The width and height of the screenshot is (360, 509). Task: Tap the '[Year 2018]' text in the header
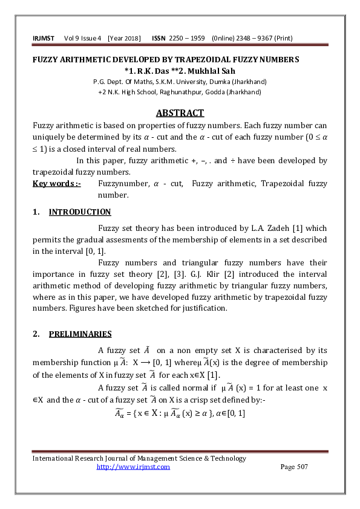click(124, 39)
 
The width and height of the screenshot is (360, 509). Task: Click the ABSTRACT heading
click(180, 113)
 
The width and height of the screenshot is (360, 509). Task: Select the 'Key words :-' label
click(56, 184)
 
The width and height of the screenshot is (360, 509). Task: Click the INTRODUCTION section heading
click(80, 212)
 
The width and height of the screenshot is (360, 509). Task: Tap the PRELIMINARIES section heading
click(80, 334)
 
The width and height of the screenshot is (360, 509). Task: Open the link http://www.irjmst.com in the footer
click(134, 467)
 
